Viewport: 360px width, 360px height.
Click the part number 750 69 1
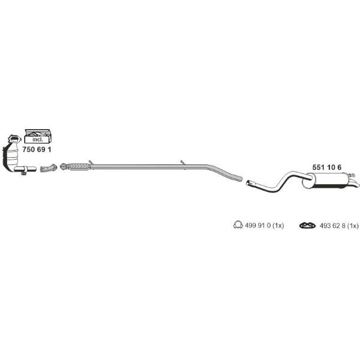coord(37,149)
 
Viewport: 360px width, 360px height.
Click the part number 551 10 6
coord(327,167)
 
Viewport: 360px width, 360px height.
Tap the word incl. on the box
coord(37,139)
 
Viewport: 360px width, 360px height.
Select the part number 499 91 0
coord(258,226)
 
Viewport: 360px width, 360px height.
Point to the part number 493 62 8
coord(332,226)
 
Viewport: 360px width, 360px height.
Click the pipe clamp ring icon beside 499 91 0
coord(238,225)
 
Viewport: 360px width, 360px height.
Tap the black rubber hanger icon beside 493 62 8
coord(307,226)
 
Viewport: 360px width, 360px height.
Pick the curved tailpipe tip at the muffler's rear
coord(355,184)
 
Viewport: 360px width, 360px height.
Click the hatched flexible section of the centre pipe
coord(79,166)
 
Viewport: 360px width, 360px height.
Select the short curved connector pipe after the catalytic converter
coord(49,168)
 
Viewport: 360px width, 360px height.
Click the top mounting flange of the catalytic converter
coord(14,139)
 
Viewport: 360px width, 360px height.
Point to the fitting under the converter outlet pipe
coord(23,173)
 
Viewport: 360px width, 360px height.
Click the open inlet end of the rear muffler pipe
coord(248,183)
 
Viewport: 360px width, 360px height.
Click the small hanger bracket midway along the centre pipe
coord(183,163)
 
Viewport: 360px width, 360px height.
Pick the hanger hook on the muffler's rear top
coord(352,176)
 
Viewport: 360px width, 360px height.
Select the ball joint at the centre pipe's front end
coord(63,166)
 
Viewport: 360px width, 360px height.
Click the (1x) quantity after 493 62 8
coord(352,226)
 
